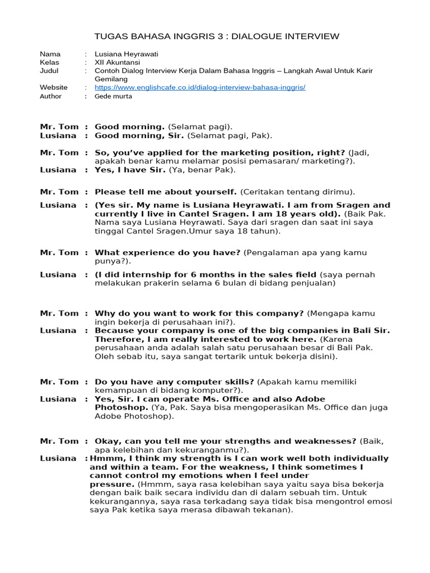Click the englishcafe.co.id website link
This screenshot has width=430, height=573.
[200, 88]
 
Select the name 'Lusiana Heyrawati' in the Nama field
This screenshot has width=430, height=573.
[126, 54]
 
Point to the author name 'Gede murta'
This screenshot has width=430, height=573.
[114, 96]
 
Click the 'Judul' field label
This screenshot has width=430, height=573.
[49, 71]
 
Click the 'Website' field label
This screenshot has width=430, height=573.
[54, 88]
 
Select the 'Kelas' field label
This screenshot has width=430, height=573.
[49, 63]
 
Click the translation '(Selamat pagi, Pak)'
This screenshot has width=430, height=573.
[230, 136]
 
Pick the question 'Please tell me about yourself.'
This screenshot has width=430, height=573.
[166, 192]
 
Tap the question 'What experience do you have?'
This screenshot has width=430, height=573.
[168, 252]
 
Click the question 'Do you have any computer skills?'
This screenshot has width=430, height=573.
[174, 382]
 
